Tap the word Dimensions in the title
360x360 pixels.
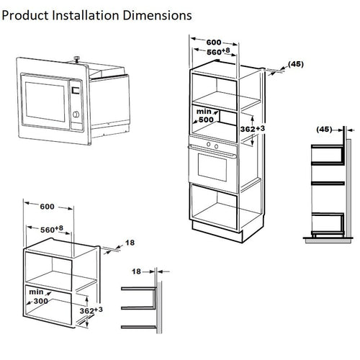[157, 14]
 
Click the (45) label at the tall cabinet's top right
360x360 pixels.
[295, 64]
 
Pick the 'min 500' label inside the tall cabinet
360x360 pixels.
[205, 116]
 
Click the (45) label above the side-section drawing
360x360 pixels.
[325, 130]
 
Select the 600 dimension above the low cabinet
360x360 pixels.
[48, 206]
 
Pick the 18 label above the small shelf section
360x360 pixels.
[136, 272]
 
